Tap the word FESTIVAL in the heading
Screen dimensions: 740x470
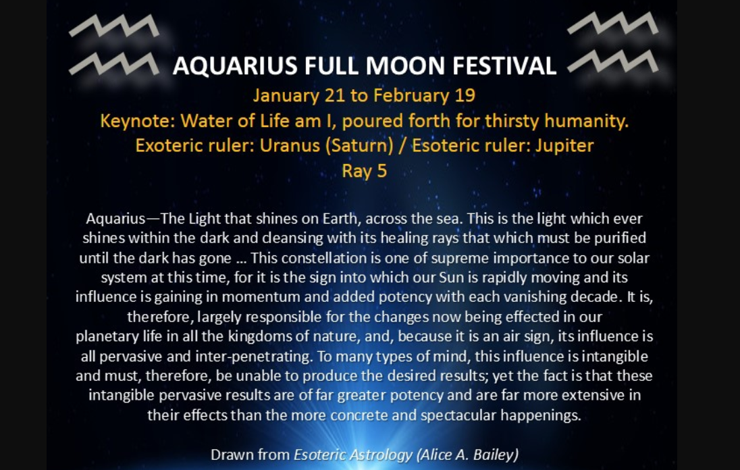click(x=504, y=66)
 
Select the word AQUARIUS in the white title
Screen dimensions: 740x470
click(x=235, y=66)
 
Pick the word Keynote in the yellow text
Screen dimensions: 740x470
click(x=137, y=121)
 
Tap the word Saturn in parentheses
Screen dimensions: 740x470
click(x=359, y=145)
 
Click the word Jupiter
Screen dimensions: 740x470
click(x=564, y=146)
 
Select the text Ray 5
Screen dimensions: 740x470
click(x=365, y=171)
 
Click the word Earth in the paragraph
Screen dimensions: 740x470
click(x=340, y=219)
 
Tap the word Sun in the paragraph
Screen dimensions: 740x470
click(x=452, y=278)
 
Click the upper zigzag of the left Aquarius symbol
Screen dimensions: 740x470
click(x=113, y=26)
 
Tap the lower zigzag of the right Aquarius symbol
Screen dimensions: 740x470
click(x=612, y=61)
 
